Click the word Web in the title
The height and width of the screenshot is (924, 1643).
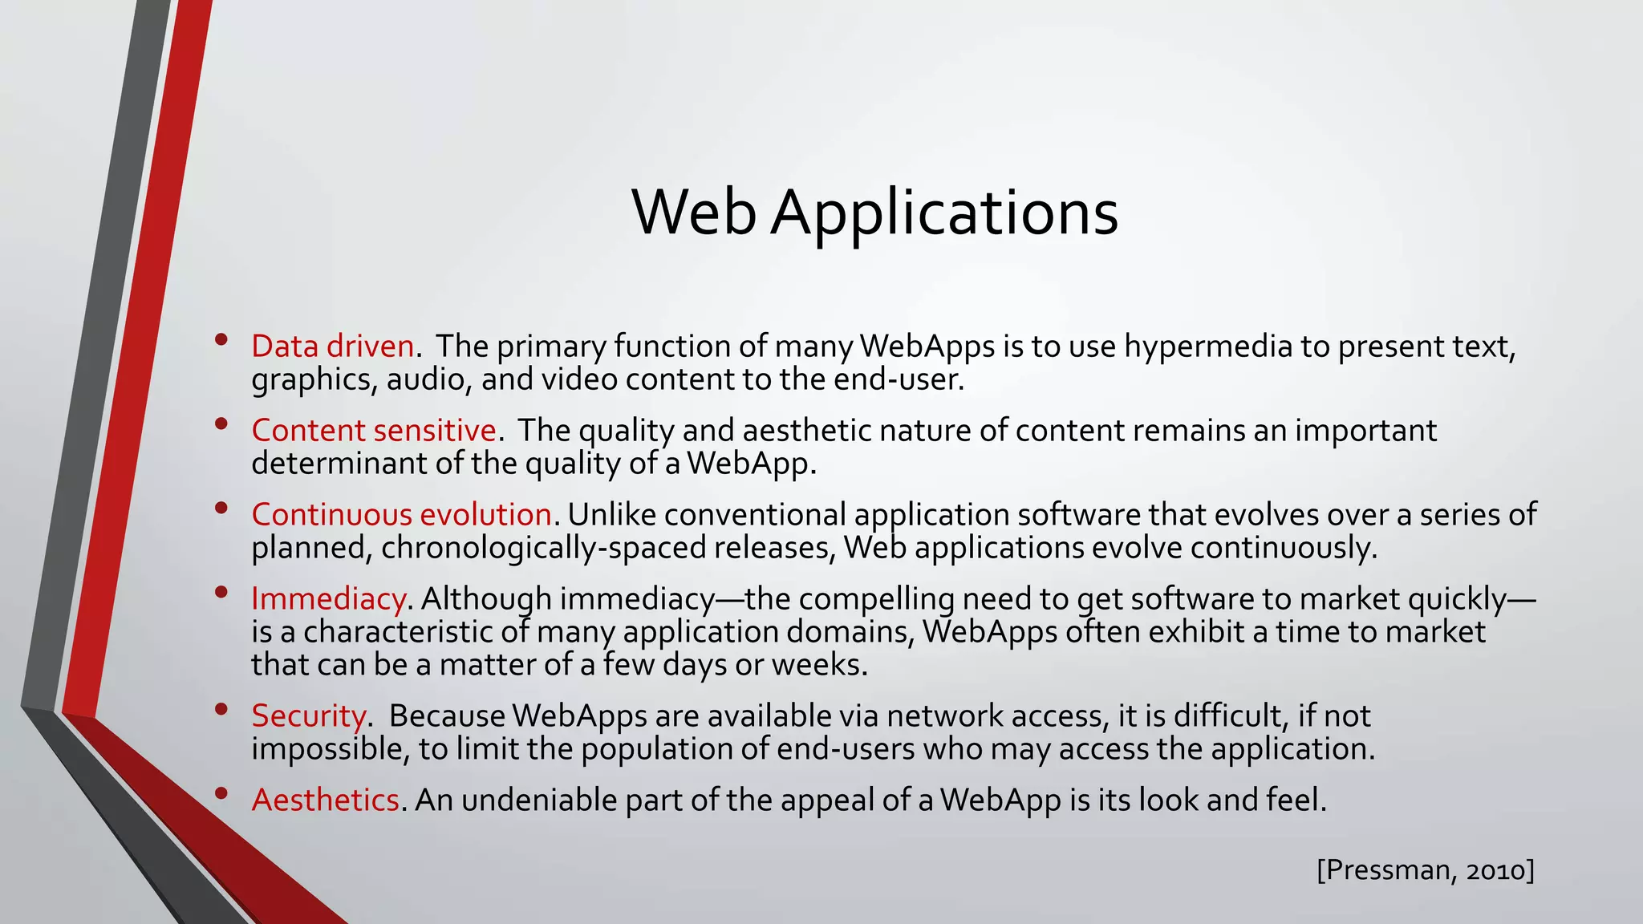point(694,213)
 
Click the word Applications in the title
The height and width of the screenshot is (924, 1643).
point(944,214)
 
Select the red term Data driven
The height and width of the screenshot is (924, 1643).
point(332,346)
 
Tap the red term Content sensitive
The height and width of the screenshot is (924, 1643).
point(374,431)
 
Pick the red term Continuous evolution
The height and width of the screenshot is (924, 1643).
point(401,515)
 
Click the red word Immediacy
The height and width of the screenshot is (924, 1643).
point(328,599)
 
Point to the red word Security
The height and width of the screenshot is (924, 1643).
point(309,715)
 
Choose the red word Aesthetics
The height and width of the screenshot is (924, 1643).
point(325,800)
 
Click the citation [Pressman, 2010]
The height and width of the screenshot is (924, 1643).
point(1425,869)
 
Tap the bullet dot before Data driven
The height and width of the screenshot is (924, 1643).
point(221,339)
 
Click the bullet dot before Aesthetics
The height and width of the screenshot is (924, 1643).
point(221,793)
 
